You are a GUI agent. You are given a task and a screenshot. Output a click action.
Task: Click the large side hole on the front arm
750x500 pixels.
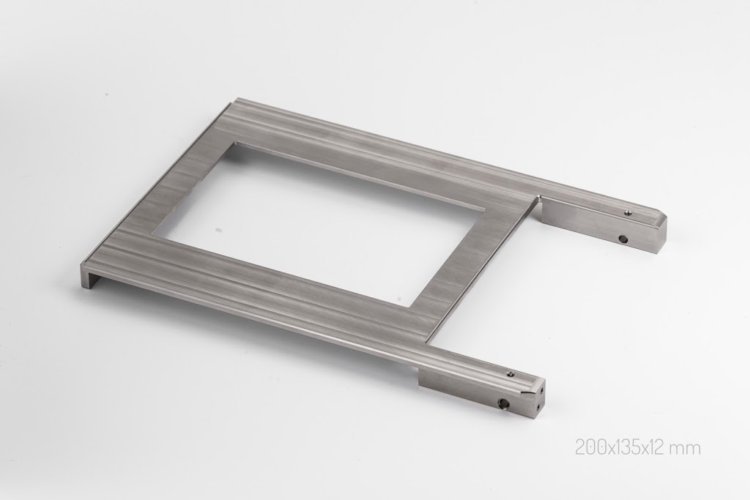pyautogui.click(x=503, y=403)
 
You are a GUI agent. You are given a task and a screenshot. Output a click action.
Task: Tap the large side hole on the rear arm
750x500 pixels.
pyautogui.click(x=623, y=238)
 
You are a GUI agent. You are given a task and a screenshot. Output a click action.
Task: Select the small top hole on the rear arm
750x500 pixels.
pyautogui.click(x=628, y=213)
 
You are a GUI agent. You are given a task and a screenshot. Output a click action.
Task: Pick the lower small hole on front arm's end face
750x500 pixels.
pyautogui.click(x=540, y=407)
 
